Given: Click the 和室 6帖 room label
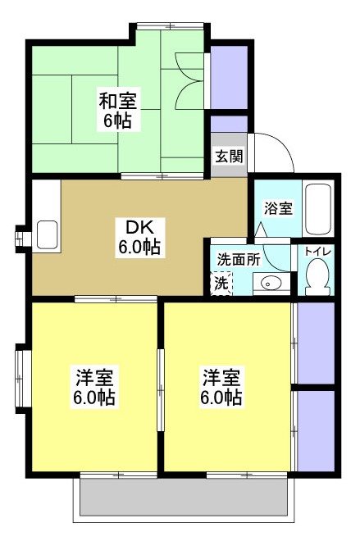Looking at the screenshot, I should click(119, 110).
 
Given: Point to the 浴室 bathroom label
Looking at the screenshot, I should click(278, 207).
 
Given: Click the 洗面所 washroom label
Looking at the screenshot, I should click(238, 258).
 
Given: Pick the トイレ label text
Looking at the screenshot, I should click(317, 251).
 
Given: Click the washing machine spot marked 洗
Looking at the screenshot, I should click(221, 284).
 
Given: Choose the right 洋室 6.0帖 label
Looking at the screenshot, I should click(222, 387).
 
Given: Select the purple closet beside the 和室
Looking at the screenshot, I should click(229, 78).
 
